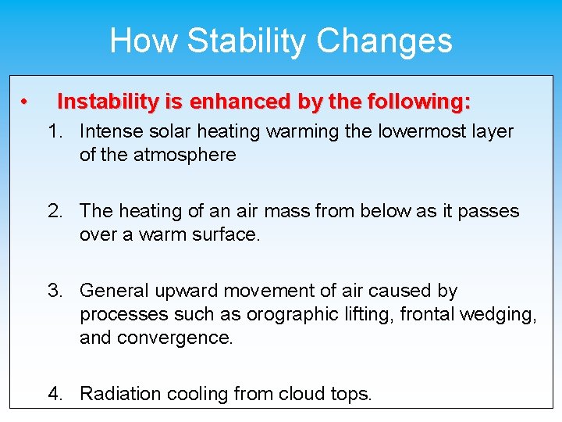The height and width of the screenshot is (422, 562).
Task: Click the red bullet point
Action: [26, 102]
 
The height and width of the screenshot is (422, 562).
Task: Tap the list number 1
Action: [54, 131]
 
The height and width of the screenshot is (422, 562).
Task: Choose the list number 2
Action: [54, 211]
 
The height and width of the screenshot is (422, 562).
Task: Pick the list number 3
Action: [54, 291]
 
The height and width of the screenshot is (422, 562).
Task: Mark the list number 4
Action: [54, 393]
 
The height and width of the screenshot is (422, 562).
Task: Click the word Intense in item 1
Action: [110, 131]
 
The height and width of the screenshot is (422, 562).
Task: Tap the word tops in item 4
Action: [353, 394]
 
